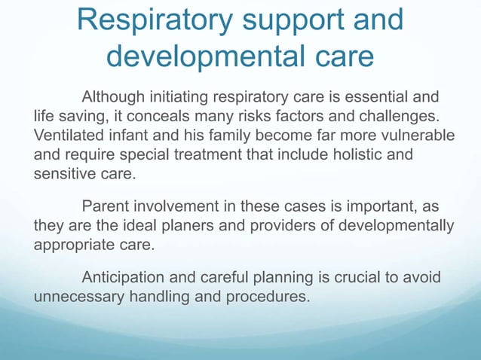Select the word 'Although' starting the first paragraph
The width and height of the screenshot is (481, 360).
tap(114, 98)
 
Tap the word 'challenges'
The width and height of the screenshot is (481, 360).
tap(399, 117)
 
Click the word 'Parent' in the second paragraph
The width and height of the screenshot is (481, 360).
tap(105, 206)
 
